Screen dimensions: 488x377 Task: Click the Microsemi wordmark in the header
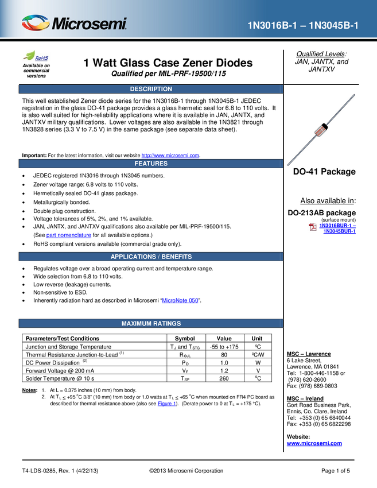(x=89, y=24)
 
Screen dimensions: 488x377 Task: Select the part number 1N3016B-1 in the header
(x=273, y=25)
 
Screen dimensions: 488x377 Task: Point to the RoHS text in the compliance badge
(x=42, y=58)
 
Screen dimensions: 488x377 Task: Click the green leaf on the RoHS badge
(x=30, y=55)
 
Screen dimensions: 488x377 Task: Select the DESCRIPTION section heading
(x=151, y=89)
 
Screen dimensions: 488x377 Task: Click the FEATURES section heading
(x=151, y=164)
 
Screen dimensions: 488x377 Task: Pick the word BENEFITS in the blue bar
(x=177, y=257)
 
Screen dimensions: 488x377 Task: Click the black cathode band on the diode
(x=324, y=126)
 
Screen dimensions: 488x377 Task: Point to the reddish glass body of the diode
(x=319, y=131)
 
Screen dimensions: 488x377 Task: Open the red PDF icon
(x=312, y=227)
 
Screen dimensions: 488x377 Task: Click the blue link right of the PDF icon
(x=338, y=228)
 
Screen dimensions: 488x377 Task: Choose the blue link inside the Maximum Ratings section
(x=166, y=404)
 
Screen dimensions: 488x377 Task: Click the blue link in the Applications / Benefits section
(x=180, y=300)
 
